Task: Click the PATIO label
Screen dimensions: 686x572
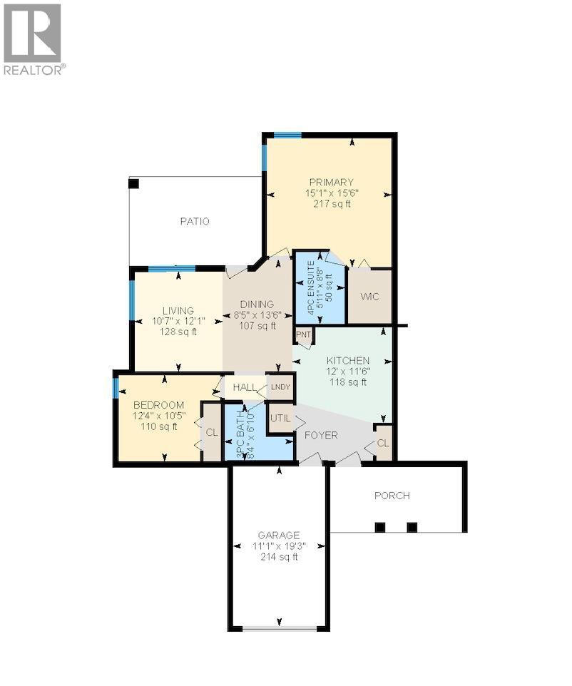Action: click(x=195, y=222)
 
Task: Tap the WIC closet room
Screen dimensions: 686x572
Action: click(x=369, y=297)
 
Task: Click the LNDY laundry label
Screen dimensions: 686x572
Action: click(x=280, y=387)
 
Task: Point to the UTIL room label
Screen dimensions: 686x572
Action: click(x=280, y=418)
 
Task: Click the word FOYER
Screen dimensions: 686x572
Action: click(x=321, y=435)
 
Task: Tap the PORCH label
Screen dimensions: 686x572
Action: click(x=392, y=496)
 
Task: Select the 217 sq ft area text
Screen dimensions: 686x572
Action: click(x=332, y=204)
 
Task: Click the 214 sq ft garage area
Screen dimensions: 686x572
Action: click(x=279, y=557)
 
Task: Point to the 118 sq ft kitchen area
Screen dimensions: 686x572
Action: click(x=348, y=382)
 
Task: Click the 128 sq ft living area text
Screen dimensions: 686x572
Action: click(x=178, y=332)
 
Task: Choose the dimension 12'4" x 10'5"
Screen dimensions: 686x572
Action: click(x=158, y=416)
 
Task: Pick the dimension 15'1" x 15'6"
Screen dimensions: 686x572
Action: click(x=332, y=193)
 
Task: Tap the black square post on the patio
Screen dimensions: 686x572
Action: click(x=133, y=183)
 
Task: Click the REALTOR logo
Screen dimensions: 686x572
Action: click(x=34, y=39)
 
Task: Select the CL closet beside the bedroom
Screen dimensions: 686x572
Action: click(x=212, y=432)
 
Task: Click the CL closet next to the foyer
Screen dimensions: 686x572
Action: click(x=383, y=443)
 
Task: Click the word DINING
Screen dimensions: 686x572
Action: click(x=257, y=304)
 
